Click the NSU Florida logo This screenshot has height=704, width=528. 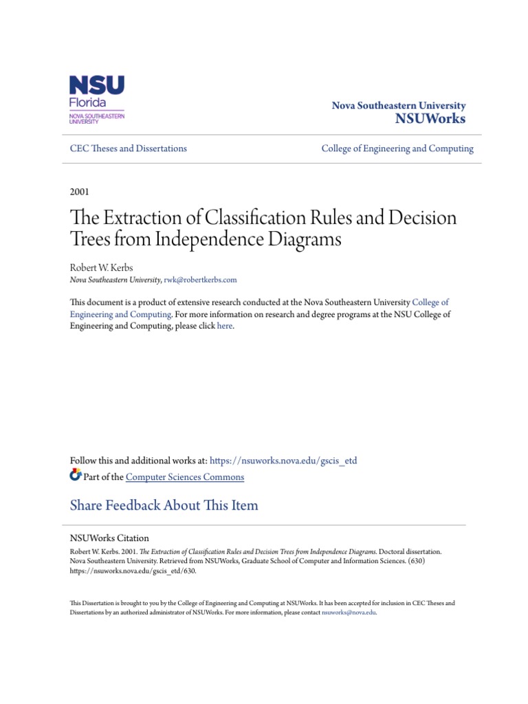(x=97, y=99)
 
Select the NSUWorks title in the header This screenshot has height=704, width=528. (x=430, y=119)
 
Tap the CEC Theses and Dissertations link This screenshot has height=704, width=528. (x=129, y=148)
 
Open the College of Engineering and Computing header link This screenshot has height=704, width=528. (x=397, y=148)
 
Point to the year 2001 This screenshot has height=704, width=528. (x=80, y=192)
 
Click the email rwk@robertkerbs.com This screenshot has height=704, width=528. (x=200, y=280)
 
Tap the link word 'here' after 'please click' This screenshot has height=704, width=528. (x=225, y=327)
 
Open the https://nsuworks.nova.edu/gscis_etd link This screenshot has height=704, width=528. (x=283, y=461)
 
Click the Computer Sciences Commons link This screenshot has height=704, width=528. (x=185, y=477)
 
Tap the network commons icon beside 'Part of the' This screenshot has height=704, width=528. (x=76, y=476)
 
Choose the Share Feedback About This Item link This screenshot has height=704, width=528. (x=164, y=505)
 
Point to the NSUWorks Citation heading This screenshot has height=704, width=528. (x=109, y=538)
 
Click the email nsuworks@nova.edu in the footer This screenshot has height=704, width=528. (x=349, y=612)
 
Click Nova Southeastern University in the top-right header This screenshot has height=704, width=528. (x=399, y=106)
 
